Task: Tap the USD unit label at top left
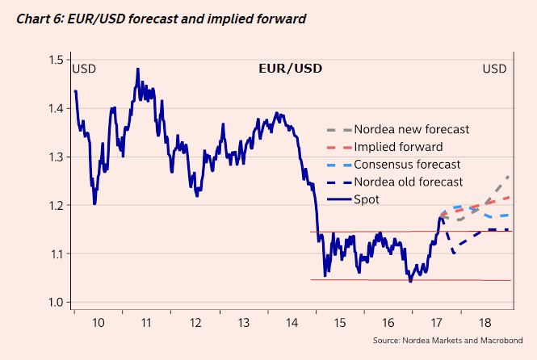point(84,68)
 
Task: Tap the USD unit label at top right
point(494,68)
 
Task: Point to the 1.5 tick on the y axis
point(56,60)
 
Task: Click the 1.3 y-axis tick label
point(56,157)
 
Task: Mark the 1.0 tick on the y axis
point(56,303)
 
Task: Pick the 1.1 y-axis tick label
point(56,254)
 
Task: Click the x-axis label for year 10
point(97,322)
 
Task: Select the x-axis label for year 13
point(244,322)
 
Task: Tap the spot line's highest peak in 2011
point(138,69)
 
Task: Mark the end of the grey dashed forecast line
point(509,175)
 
